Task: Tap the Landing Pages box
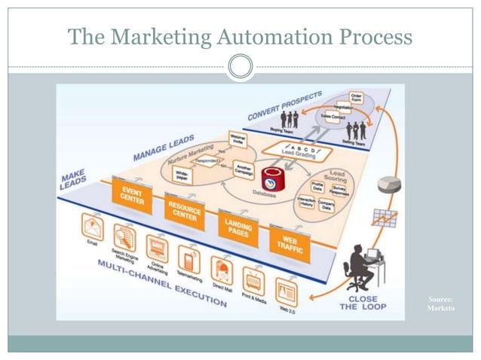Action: pos(236,223)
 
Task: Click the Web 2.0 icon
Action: pos(287,291)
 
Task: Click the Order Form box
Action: pos(357,99)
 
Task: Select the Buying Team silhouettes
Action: pos(290,119)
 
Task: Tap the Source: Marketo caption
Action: pos(441,304)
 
